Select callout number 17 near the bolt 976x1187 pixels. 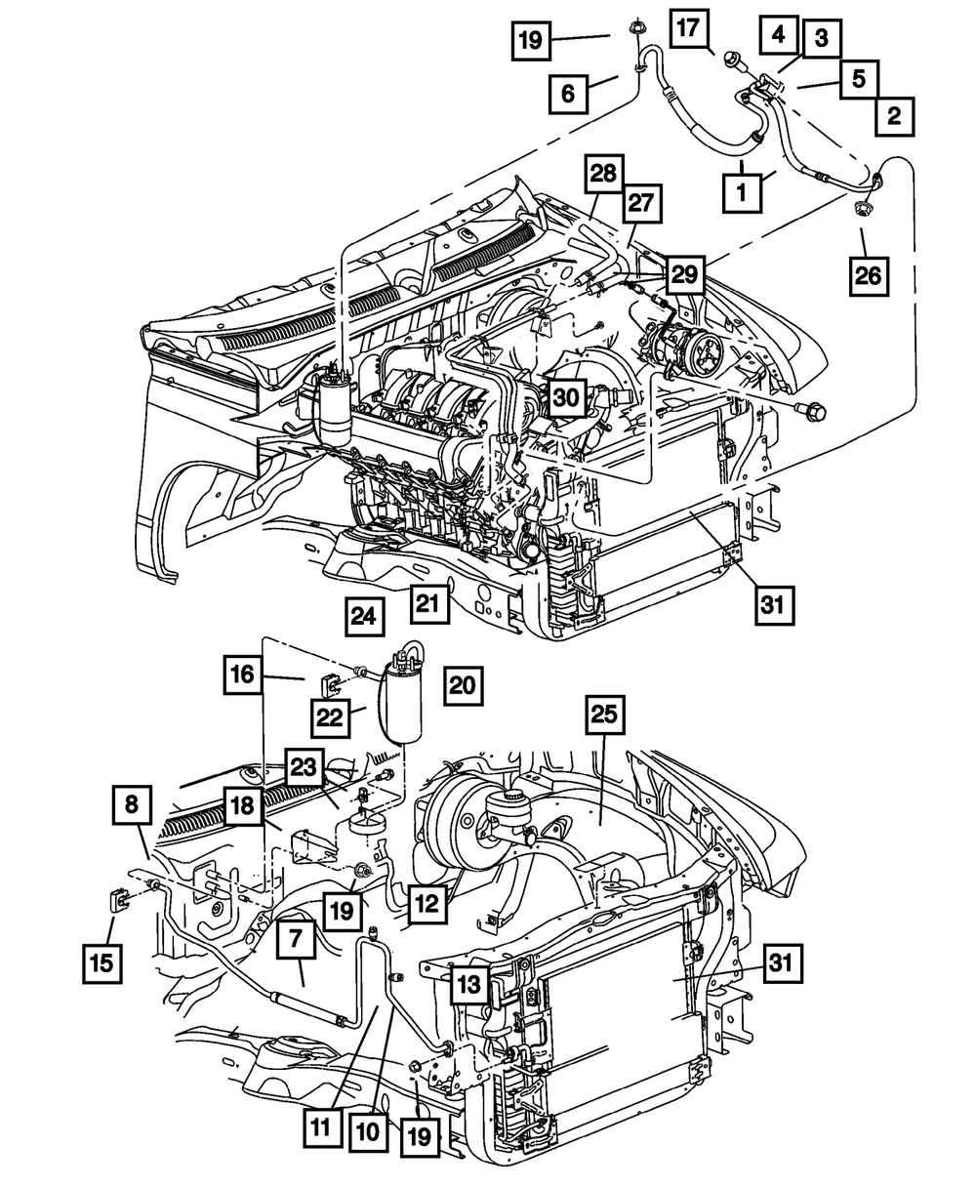tap(689, 29)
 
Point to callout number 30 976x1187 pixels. tap(566, 397)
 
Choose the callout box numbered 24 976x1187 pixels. tap(363, 616)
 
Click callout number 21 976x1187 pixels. tap(429, 604)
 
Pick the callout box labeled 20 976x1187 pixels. tap(463, 685)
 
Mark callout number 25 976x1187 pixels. tap(602, 716)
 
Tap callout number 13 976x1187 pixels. tap(469, 986)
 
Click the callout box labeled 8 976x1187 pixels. tap(132, 806)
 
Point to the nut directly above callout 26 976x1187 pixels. tap(863, 209)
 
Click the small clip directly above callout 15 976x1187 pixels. tap(115, 898)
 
